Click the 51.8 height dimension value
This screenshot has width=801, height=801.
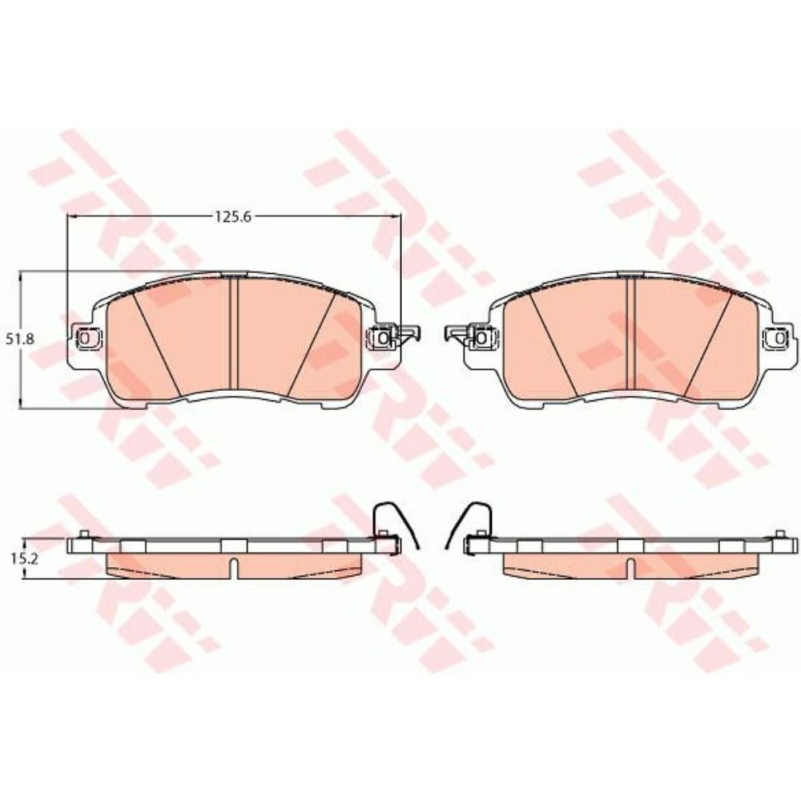tap(21, 338)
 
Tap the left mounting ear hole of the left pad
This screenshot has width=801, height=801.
tap(86, 337)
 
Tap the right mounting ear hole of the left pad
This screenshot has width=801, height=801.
tap(382, 337)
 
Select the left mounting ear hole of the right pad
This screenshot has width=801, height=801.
tap(481, 337)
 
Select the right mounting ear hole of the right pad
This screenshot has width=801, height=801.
tap(779, 337)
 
